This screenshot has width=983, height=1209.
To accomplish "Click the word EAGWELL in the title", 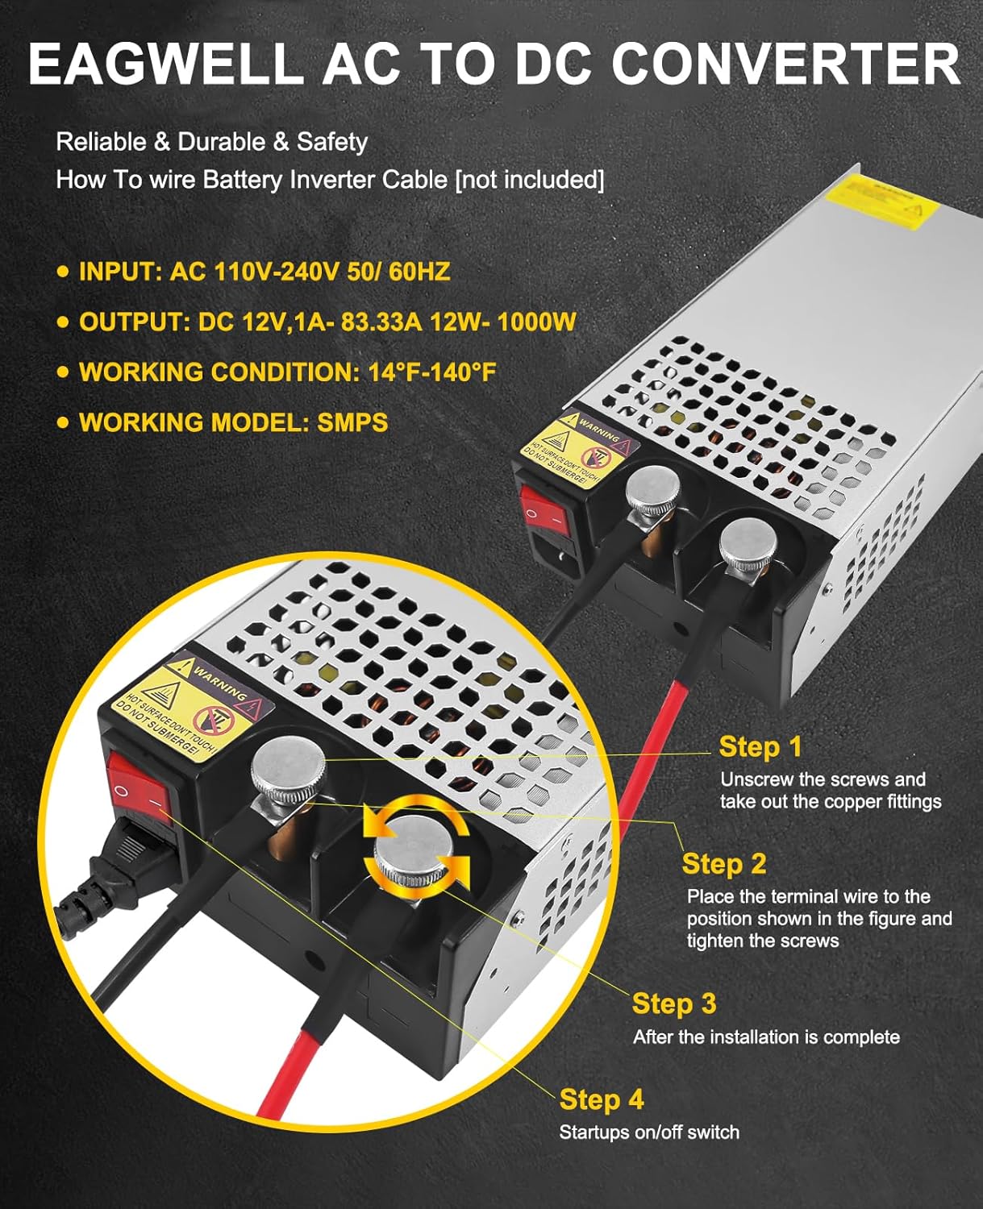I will point(165,64).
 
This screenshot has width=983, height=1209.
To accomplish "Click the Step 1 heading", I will point(760,747).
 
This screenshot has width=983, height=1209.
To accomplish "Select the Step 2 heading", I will point(723,864).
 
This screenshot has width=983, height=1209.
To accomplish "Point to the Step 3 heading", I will point(673,1004).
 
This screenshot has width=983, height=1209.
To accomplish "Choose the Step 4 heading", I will point(602,1100).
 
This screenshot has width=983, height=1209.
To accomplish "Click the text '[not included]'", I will point(530,180).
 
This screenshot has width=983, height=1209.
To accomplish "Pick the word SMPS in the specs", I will point(352,422).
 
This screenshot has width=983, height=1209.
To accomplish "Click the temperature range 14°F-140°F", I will point(431,372).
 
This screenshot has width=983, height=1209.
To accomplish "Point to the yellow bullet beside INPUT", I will point(64,272).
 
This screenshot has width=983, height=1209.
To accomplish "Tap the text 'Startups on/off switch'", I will point(649,1132).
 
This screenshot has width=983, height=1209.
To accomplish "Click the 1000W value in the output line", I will point(535,322).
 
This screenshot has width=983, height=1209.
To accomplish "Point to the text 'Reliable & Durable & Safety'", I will point(211,143).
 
